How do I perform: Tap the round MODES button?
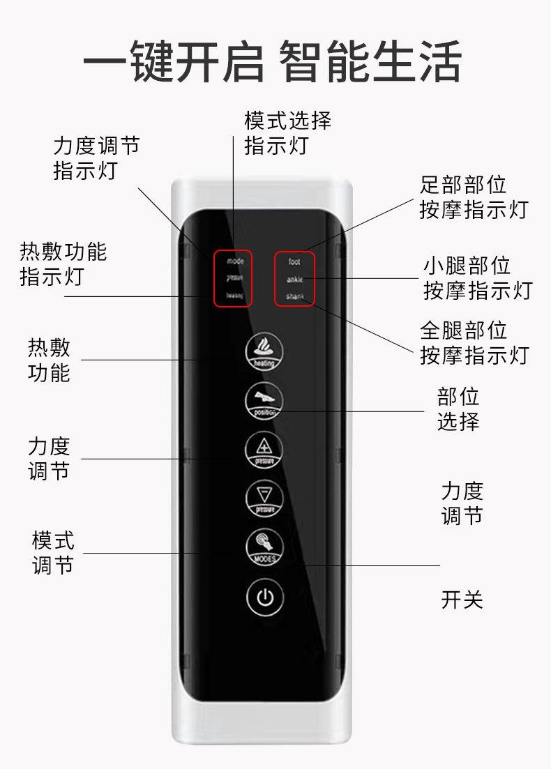pyautogui.click(x=264, y=547)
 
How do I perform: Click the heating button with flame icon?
pyautogui.click(x=264, y=351)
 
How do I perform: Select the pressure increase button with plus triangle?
pyautogui.click(x=264, y=450)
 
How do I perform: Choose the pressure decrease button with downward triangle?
pyautogui.click(x=264, y=498)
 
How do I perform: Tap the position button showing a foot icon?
pyautogui.click(x=264, y=401)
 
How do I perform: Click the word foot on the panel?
pyautogui.click(x=294, y=262)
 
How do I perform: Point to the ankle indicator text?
pyautogui.click(x=294, y=280)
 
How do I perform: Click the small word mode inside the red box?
pyautogui.click(x=235, y=262)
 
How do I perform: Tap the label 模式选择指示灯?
pyautogui.click(x=287, y=133)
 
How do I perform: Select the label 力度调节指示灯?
pyautogui.click(x=97, y=158)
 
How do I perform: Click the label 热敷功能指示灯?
pyautogui.click(x=63, y=264)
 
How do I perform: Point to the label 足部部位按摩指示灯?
pyautogui.click(x=474, y=197)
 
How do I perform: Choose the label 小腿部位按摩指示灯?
pyautogui.click(x=478, y=278)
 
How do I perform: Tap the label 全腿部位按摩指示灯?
pyautogui.click(x=474, y=342)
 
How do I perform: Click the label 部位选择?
pyautogui.click(x=458, y=409)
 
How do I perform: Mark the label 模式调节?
pyautogui.click(x=53, y=552)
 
